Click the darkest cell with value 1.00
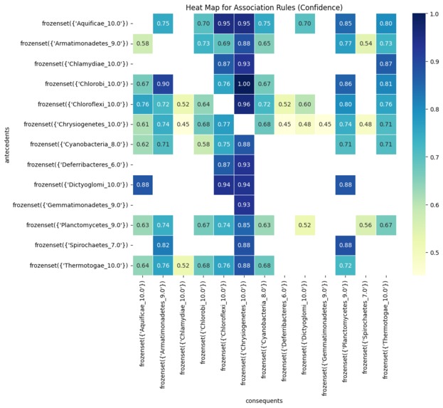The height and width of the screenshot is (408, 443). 244,84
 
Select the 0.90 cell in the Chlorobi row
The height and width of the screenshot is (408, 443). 163,84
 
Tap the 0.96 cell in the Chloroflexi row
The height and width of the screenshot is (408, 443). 244,104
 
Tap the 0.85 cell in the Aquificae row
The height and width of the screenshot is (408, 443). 346,23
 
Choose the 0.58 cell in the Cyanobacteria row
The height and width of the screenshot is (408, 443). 203,145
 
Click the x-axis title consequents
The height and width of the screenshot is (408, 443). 264,401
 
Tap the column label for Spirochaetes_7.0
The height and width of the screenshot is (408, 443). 364,331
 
